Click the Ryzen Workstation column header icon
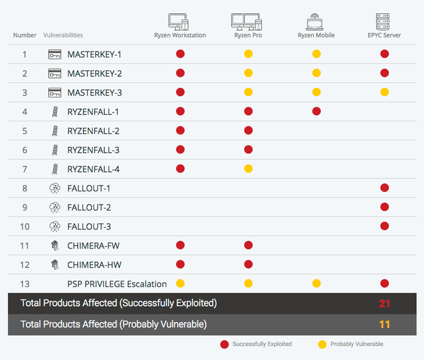(179, 22)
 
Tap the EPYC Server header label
(384, 35)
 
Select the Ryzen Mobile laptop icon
(315, 22)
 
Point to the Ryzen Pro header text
(248, 35)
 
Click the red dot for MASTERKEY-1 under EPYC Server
(385, 54)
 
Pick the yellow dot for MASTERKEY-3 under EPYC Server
(385, 93)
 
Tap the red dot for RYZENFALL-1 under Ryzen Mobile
(316, 111)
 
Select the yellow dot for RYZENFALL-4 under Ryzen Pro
(248, 169)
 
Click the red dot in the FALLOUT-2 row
(385, 207)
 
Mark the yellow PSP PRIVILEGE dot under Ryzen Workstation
(181, 284)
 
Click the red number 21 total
(385, 304)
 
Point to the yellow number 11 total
(385, 324)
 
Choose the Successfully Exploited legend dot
(225, 344)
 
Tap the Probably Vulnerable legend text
(357, 344)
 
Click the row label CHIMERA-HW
(94, 265)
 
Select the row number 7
(25, 169)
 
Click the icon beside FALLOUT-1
(55, 188)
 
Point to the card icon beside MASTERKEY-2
(55, 73)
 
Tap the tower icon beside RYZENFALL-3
(55, 150)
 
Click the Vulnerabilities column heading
(63, 35)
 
